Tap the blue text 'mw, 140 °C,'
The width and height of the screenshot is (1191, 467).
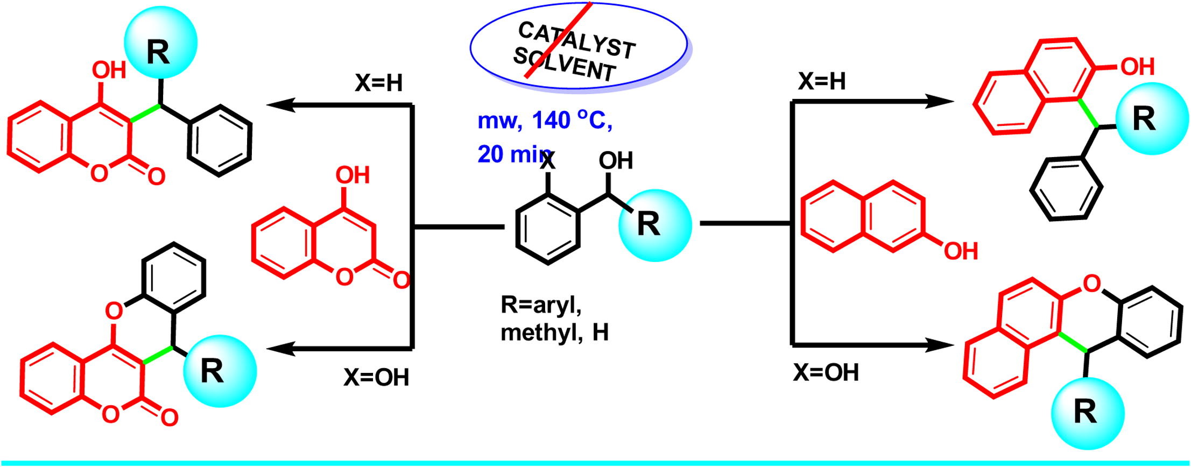[x=545, y=121]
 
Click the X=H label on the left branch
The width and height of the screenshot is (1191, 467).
[x=378, y=84]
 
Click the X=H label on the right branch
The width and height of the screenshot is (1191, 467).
[x=822, y=81]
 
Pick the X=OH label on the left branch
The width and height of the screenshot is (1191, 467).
[x=376, y=378]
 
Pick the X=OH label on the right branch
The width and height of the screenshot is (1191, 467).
[x=826, y=372]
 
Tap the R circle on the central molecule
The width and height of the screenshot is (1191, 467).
[x=654, y=225]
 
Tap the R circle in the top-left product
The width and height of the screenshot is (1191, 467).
[x=160, y=42]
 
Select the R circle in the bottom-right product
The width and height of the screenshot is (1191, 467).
[x=1088, y=413]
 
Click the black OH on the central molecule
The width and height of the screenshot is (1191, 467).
[x=616, y=160]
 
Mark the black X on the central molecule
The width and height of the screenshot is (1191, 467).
[x=547, y=161]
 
